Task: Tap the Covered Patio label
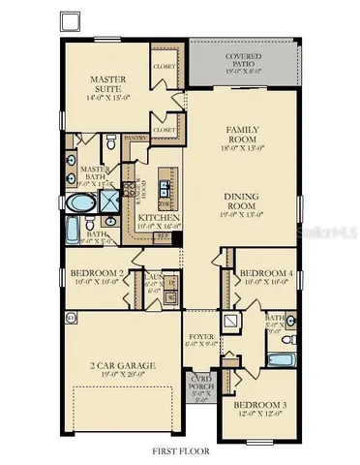(228, 60)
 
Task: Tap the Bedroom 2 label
(99, 274)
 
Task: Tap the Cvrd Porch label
(201, 381)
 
